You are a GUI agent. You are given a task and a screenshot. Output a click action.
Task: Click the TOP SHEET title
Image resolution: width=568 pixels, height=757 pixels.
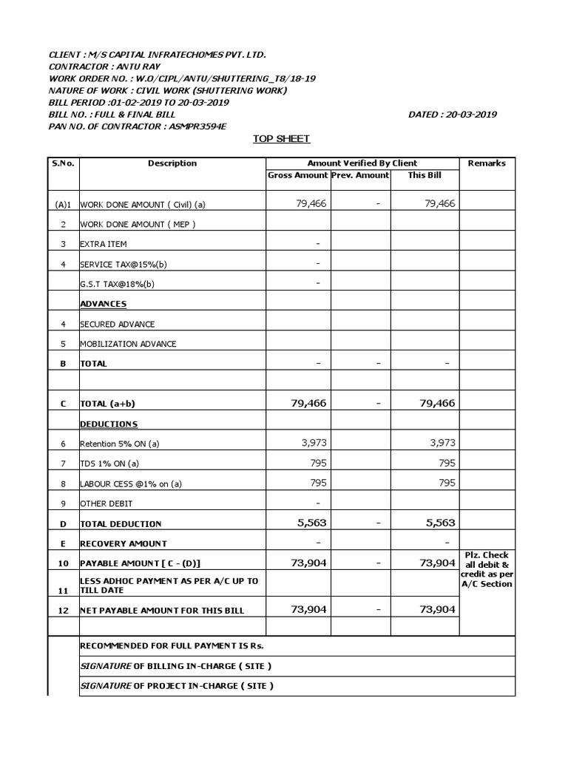(281, 139)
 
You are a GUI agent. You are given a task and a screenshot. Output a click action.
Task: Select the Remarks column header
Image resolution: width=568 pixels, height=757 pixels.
(487, 163)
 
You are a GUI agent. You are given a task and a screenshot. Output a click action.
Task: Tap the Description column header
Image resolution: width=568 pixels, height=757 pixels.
(172, 163)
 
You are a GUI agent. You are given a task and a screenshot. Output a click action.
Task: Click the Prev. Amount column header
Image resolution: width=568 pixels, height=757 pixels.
(360, 175)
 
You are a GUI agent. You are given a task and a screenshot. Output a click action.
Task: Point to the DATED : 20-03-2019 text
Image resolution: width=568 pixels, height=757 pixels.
(452, 115)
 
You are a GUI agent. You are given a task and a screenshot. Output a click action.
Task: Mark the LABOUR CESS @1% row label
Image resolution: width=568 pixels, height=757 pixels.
(131, 484)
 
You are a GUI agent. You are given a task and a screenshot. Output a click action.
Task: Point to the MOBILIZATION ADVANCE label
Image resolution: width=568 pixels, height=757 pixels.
(128, 344)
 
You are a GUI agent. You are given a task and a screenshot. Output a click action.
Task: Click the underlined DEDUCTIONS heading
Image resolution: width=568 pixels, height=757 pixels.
(109, 424)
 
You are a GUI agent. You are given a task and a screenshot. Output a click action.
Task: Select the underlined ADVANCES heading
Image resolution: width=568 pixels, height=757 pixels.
(103, 304)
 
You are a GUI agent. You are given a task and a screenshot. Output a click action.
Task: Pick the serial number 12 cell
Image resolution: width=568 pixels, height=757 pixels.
(63, 611)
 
